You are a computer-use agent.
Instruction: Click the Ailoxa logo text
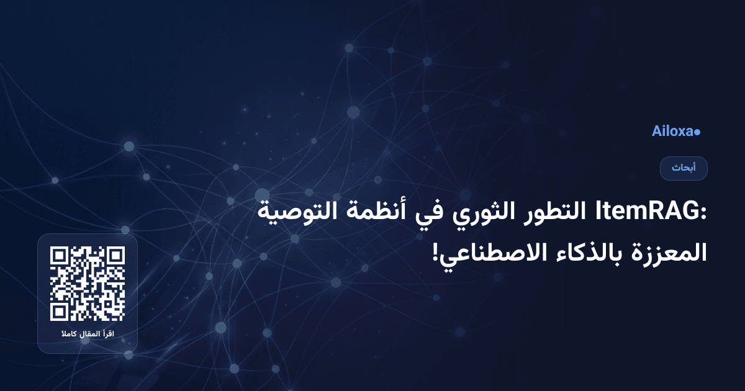tap(672, 132)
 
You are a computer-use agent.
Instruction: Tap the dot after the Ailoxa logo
tap(697, 132)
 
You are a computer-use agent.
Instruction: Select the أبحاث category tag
tap(684, 168)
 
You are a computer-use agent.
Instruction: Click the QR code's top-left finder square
tap(60, 256)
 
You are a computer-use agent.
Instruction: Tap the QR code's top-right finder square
tap(115, 256)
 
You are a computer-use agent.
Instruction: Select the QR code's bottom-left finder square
tap(60, 312)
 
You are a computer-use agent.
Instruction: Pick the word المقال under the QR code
tap(89, 335)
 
